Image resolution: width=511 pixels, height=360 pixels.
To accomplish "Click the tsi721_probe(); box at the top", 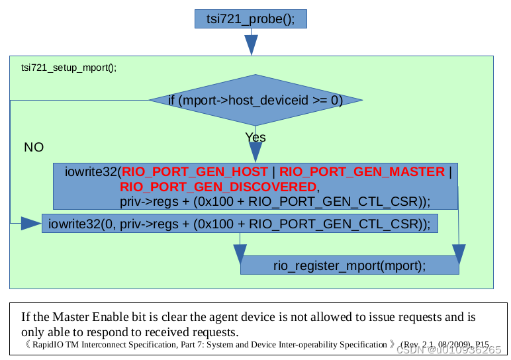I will tap(250, 19).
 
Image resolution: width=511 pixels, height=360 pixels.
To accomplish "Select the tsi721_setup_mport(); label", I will tap(68, 67).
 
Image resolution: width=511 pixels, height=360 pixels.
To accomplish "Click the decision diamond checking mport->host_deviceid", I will tap(255, 101).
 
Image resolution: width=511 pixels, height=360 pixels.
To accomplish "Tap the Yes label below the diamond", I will tap(255, 138).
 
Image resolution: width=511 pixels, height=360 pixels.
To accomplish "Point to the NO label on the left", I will tap(34, 147).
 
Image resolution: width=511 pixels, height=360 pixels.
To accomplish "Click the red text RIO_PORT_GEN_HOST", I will tap(195, 172).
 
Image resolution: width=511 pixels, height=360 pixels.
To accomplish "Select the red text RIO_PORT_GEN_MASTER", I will tap(362, 172).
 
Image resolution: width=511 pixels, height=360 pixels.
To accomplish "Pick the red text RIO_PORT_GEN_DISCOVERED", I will tap(218, 187).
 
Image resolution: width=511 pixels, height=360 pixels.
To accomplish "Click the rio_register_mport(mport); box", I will tap(349, 265).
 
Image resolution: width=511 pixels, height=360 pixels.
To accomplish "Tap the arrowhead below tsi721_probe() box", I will tap(251, 44).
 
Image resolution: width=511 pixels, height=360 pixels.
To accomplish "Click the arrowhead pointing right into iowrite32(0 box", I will tap(30, 224).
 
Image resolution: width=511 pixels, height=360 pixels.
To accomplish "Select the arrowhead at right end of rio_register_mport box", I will tap(459, 254).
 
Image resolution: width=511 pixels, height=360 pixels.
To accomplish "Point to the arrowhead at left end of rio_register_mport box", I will tap(239, 254).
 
